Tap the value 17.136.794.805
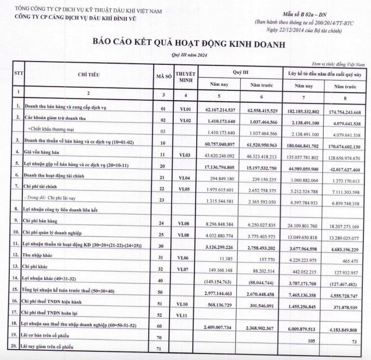click(228, 166)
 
